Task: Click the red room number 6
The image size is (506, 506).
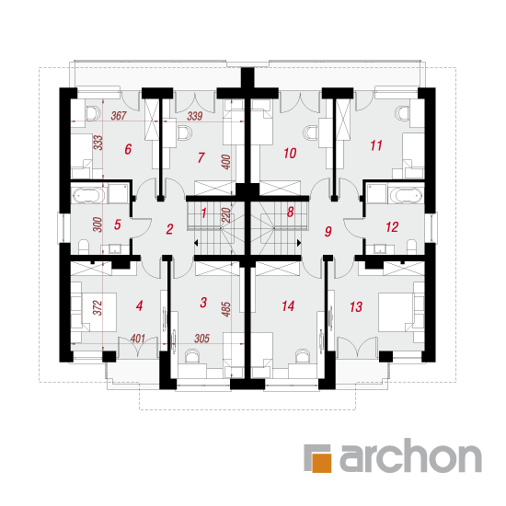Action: (x=128, y=149)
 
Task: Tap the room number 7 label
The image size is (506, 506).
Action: (x=201, y=157)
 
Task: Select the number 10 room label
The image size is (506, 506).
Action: (x=290, y=154)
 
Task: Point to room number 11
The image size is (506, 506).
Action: (x=376, y=145)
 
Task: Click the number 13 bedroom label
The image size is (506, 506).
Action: (x=356, y=307)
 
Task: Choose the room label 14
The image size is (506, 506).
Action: (x=288, y=306)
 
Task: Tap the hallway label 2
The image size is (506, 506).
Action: (x=169, y=229)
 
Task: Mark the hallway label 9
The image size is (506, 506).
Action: (x=328, y=231)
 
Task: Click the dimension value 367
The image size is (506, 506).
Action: (x=119, y=116)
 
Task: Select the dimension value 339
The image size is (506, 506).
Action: (x=195, y=116)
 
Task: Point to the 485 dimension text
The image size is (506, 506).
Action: (x=226, y=309)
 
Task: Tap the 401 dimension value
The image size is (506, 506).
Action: (x=138, y=339)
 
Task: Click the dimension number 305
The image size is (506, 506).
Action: (x=201, y=339)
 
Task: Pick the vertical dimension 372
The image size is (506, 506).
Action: (x=98, y=307)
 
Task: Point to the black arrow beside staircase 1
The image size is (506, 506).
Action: (x=196, y=243)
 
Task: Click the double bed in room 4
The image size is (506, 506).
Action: (x=99, y=312)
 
